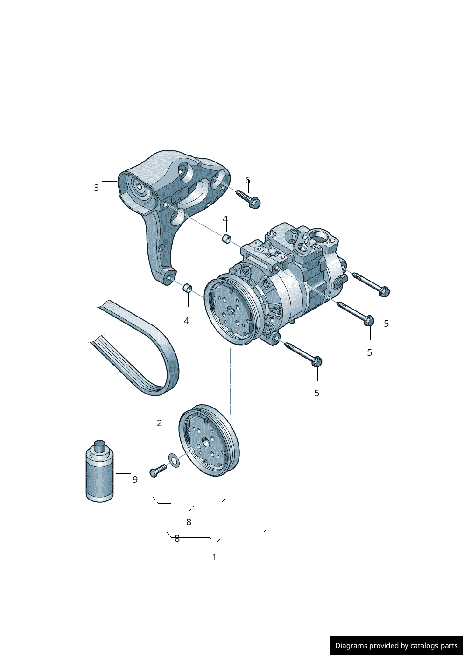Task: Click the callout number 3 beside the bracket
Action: click(96, 188)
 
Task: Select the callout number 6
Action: click(247, 180)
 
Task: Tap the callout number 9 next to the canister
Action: click(135, 479)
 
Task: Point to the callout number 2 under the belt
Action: click(159, 423)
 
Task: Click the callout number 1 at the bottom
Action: click(214, 557)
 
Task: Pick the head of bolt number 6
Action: click(254, 203)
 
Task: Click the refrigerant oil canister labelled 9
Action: click(99, 476)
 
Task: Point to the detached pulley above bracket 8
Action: click(209, 441)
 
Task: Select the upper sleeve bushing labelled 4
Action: click(226, 239)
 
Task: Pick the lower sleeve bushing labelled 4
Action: click(187, 288)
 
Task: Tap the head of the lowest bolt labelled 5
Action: click(316, 362)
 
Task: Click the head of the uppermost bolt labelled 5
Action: click(384, 292)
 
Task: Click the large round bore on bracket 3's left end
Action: click(138, 188)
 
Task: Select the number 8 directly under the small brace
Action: click(189, 522)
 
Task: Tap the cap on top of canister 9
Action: click(99, 444)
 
